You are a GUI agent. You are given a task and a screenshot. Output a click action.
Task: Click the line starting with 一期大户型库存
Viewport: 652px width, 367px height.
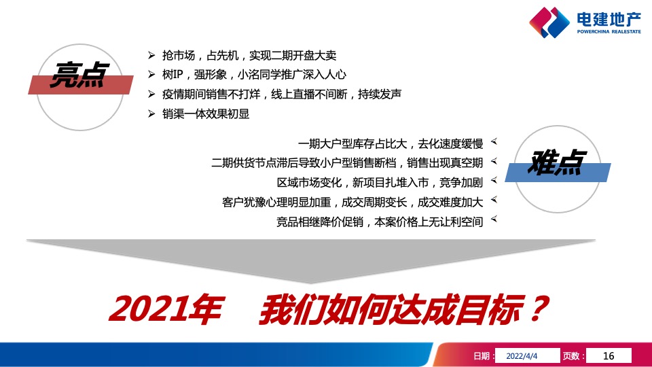(x=391, y=143)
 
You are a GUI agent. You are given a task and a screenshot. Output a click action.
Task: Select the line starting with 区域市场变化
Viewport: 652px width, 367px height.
(x=380, y=183)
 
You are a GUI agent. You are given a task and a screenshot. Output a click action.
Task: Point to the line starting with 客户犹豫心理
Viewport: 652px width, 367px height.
(x=352, y=202)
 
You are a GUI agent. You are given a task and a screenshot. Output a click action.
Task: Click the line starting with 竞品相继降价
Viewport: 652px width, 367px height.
(x=380, y=222)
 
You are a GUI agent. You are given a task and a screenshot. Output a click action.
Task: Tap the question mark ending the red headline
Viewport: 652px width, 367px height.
(x=536, y=309)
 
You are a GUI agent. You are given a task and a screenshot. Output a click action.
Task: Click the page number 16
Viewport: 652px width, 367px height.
(x=608, y=355)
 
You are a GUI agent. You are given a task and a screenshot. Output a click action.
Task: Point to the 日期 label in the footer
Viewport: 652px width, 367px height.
(x=483, y=355)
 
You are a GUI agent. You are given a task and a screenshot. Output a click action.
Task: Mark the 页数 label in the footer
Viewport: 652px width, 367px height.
(x=573, y=355)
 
